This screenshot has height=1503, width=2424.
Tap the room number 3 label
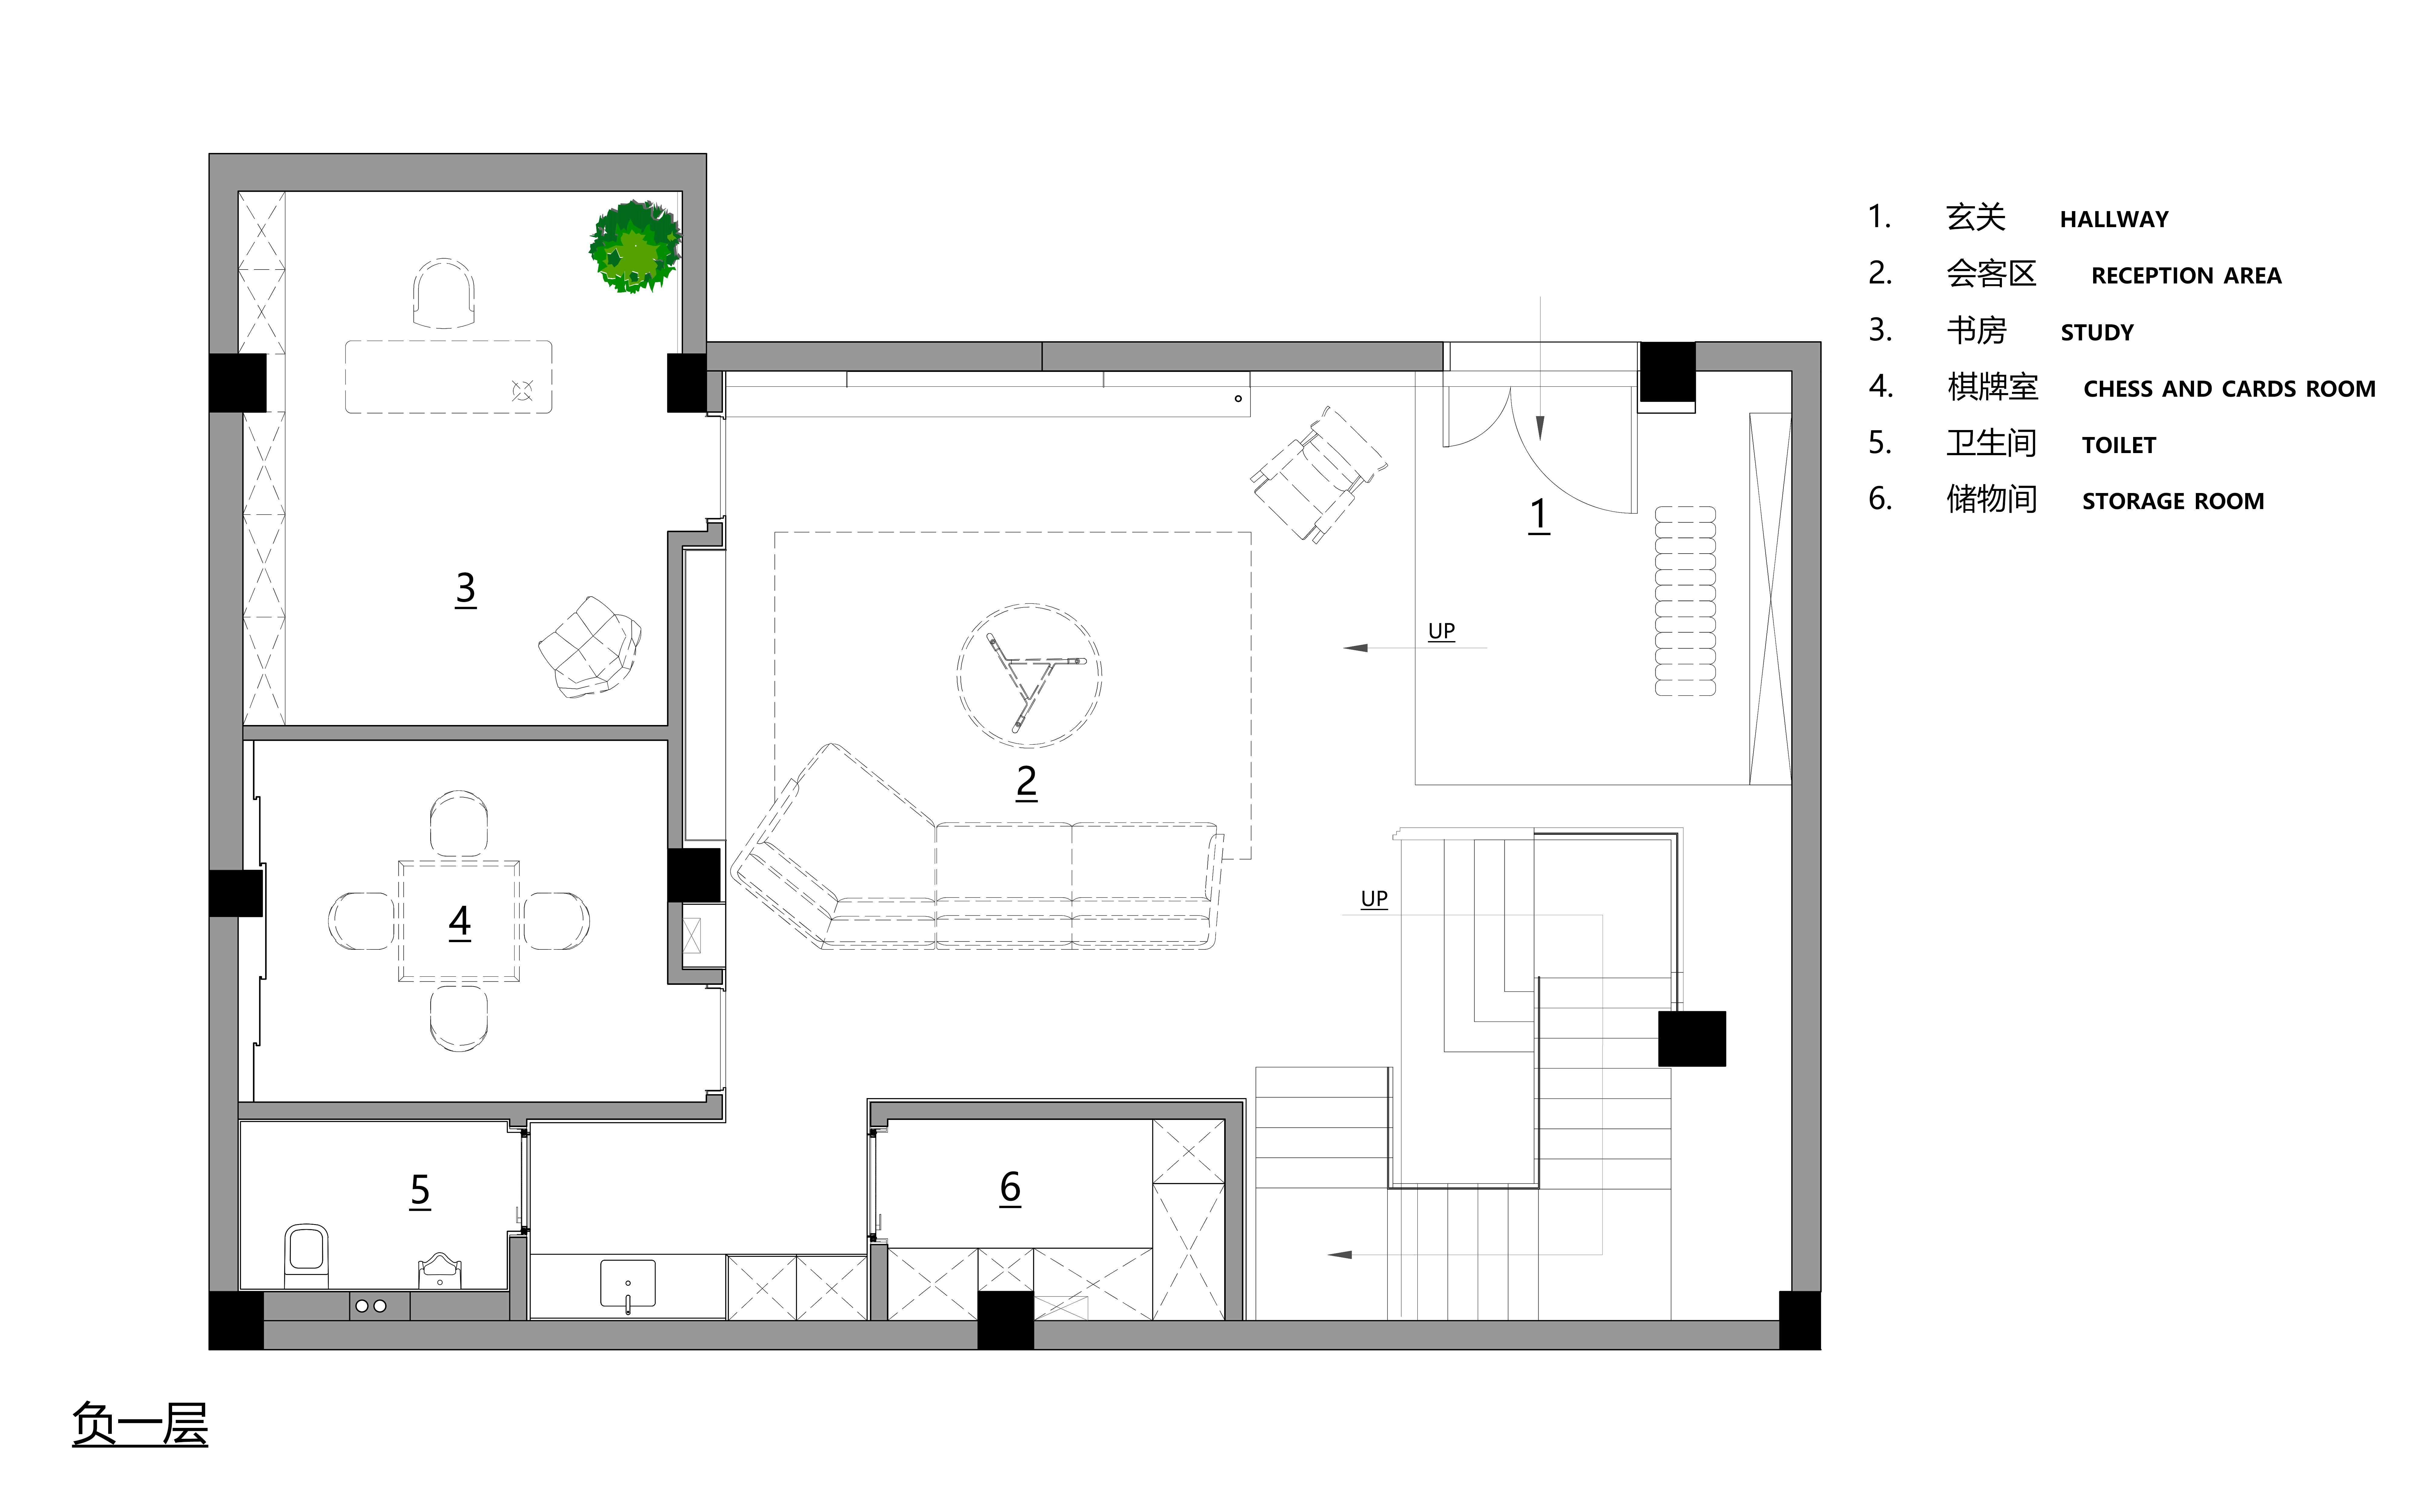click(x=465, y=588)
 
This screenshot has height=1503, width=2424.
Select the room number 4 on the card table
click(x=459, y=922)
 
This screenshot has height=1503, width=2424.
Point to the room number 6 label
click(x=1010, y=1187)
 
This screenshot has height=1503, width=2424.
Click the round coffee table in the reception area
click(x=1029, y=675)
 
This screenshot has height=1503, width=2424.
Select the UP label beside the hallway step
click(x=1441, y=631)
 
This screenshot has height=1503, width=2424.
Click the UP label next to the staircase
click(x=1373, y=899)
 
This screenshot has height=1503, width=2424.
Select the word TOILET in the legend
click(x=2119, y=445)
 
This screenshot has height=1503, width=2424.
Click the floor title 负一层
click(x=140, y=1423)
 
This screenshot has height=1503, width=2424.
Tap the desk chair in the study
click(x=443, y=292)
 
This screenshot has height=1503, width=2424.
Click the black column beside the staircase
click(x=1691, y=1039)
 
